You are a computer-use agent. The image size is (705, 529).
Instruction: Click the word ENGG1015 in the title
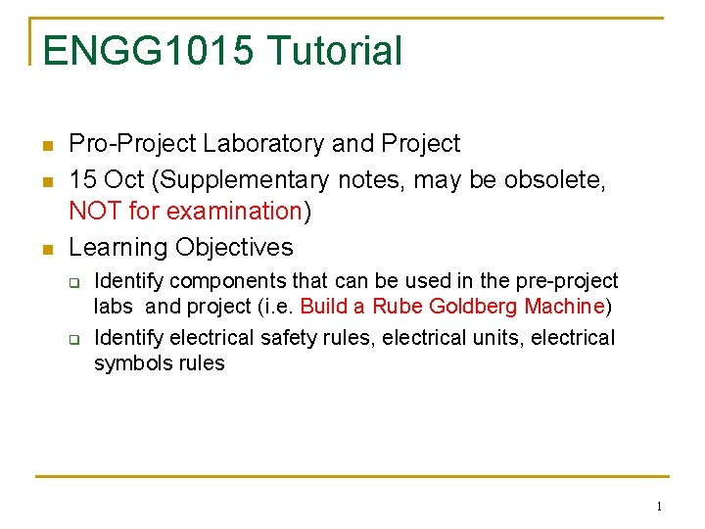(148, 51)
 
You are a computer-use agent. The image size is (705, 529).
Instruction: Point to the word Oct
(120, 180)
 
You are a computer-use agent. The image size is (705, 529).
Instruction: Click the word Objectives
(238, 247)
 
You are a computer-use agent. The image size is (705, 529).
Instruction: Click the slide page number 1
(659, 506)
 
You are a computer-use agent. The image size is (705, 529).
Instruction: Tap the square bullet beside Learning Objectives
(45, 248)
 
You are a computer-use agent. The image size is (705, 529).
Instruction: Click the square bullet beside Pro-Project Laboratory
(45, 146)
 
